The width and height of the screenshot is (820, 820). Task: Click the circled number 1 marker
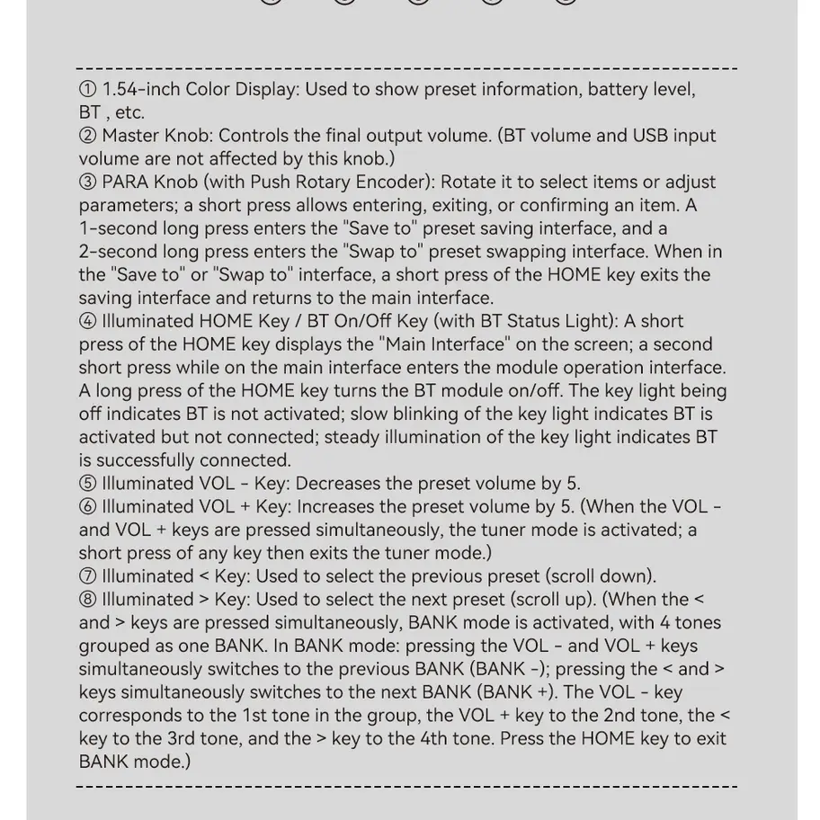click(87, 89)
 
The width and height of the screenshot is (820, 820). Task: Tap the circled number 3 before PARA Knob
click(87, 182)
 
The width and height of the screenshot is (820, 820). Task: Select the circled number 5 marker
click(87, 484)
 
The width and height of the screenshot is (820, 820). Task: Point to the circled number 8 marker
click(87, 600)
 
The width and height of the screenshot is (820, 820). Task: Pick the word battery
click(619, 89)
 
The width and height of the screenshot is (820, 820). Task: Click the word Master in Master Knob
click(131, 136)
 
